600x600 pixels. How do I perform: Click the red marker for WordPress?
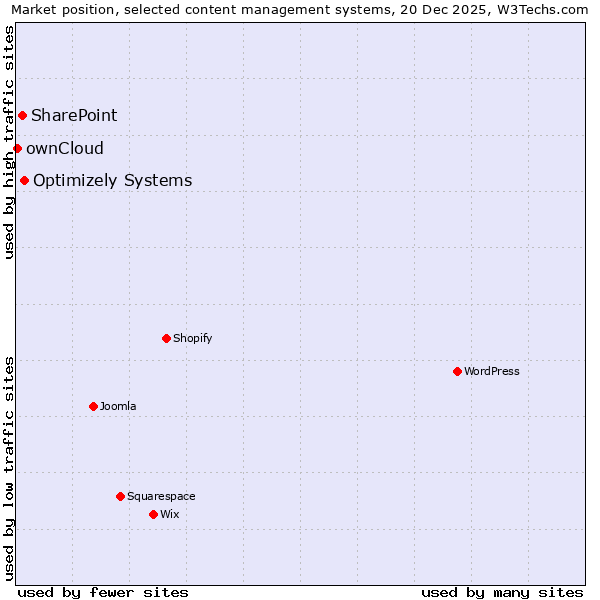pyautogui.click(x=457, y=371)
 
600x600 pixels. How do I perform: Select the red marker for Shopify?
pyautogui.click(x=166, y=338)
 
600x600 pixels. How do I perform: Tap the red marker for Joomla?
pyautogui.click(x=93, y=406)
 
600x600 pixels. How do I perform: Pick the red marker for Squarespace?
pyautogui.click(x=120, y=496)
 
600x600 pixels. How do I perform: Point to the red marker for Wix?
pyautogui.click(x=153, y=514)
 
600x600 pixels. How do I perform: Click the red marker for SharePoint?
pyautogui.click(x=22, y=115)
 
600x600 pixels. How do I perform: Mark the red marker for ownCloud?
pyautogui.click(x=17, y=148)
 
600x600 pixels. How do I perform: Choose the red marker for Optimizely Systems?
pyautogui.click(x=24, y=180)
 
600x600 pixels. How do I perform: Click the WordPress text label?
pyautogui.click(x=492, y=371)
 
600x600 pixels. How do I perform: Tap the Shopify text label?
pyautogui.click(x=193, y=338)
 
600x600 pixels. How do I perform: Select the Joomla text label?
pyautogui.click(x=118, y=406)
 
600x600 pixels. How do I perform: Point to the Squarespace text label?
pyautogui.click(x=161, y=496)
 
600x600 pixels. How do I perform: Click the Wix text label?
pyautogui.click(x=170, y=514)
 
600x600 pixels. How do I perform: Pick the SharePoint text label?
pyautogui.click(x=74, y=115)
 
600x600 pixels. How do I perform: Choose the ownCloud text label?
pyautogui.click(x=65, y=149)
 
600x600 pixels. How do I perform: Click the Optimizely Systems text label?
pyautogui.click(x=113, y=181)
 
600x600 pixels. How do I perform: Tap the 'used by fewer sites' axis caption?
pyautogui.click(x=103, y=592)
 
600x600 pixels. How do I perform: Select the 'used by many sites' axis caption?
pyautogui.click(x=502, y=592)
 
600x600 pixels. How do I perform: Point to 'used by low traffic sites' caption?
pyautogui.click(x=10, y=468)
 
